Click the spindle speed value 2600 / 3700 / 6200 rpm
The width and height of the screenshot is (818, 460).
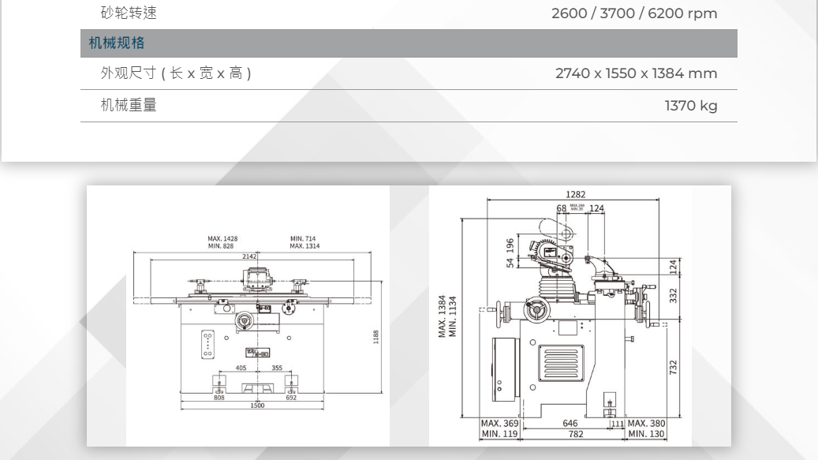point(634,13)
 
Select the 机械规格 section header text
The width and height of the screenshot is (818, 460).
point(117,43)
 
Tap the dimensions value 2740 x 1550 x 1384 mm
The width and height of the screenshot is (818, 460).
point(636,73)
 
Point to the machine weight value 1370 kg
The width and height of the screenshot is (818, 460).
point(690,105)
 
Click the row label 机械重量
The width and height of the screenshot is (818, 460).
point(129,105)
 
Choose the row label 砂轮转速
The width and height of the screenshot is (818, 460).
point(129,13)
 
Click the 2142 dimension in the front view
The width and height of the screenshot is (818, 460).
point(249,256)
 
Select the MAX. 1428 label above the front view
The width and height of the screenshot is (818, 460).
point(222,238)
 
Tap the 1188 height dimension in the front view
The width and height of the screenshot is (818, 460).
point(375,337)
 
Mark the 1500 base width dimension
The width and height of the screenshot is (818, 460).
point(257,406)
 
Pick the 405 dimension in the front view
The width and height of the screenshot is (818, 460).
point(241,368)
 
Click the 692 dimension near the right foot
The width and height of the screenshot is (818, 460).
point(291,398)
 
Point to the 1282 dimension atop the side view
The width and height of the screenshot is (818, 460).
point(575,194)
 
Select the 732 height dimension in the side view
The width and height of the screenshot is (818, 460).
point(674,368)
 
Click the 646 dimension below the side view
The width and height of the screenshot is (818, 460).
point(570,424)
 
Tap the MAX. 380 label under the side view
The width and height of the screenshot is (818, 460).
point(647,424)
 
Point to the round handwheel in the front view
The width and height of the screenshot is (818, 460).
point(244,320)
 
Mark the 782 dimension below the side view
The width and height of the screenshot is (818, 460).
point(576,434)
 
